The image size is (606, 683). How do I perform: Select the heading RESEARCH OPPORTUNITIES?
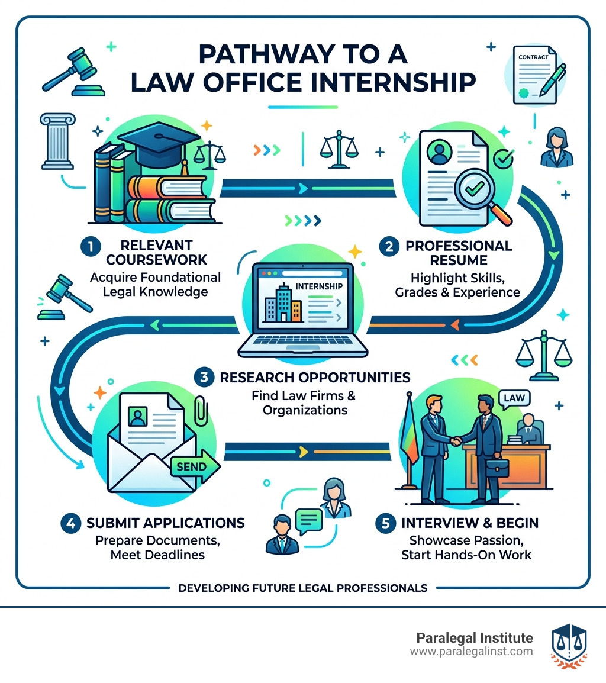click(314, 376)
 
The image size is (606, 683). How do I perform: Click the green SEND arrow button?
click(194, 466)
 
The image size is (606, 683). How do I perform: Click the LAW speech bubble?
click(513, 398)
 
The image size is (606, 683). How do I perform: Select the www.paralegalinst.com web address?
click(471, 652)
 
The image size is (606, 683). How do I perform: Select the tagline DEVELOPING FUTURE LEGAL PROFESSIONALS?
click(302, 588)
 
